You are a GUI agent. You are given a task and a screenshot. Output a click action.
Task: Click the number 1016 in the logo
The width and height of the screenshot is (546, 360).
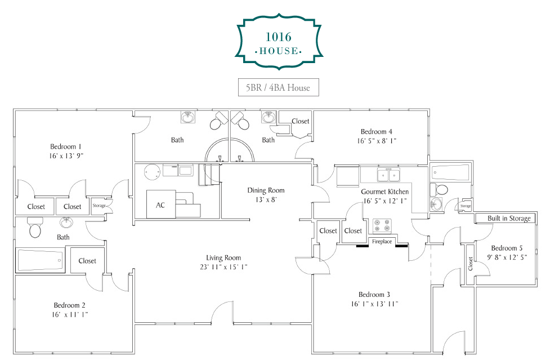click(x=278, y=37)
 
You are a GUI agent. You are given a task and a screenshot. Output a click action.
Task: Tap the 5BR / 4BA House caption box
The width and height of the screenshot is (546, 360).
click(x=278, y=87)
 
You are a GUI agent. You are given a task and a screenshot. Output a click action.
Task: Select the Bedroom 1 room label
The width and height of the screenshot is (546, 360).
click(x=66, y=146)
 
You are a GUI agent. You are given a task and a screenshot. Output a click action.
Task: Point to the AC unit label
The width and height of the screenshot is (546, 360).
click(x=160, y=205)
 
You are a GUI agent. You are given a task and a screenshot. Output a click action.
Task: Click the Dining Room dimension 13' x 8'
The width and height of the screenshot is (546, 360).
click(x=266, y=199)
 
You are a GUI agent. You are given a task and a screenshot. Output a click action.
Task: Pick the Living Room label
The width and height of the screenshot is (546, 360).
click(x=223, y=258)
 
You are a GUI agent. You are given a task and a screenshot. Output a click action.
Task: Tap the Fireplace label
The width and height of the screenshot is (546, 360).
click(x=382, y=242)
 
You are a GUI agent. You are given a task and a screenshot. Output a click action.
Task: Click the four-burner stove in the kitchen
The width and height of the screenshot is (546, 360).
click(x=382, y=225)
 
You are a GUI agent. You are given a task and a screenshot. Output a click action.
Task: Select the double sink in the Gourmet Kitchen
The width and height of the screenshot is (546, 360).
click(x=388, y=174)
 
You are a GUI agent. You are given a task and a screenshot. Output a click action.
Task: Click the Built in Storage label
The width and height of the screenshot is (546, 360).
click(x=509, y=218)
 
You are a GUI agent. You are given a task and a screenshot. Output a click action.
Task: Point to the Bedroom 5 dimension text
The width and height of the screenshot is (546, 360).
click(x=507, y=257)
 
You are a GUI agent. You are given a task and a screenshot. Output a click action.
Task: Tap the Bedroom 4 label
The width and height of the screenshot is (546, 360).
click(x=377, y=131)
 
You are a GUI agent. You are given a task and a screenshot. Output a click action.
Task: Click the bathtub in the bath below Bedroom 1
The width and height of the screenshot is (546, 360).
click(x=41, y=260)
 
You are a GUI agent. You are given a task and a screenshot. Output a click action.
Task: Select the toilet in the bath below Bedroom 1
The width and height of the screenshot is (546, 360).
click(x=35, y=227)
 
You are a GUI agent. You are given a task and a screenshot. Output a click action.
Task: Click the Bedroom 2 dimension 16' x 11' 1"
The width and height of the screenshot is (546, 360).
click(x=70, y=314)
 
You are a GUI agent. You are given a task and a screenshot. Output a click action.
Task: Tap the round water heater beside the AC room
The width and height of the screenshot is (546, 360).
click(x=152, y=172)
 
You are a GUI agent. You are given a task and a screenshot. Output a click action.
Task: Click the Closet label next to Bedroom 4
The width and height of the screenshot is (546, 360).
click(x=300, y=121)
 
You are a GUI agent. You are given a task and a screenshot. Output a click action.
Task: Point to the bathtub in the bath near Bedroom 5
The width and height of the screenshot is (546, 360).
click(x=450, y=172)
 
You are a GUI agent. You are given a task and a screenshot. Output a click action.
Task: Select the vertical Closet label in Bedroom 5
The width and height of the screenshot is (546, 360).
click(x=471, y=264)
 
